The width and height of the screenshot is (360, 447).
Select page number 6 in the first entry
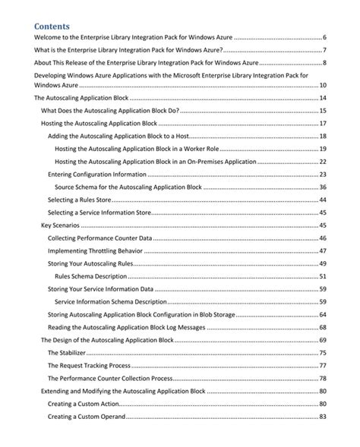coord(324,37)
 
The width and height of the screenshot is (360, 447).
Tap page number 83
coord(322,417)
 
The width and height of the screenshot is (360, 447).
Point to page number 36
coord(322,187)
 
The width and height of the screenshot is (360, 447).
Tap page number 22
coord(322,161)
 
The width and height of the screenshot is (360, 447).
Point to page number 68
coord(322,327)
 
